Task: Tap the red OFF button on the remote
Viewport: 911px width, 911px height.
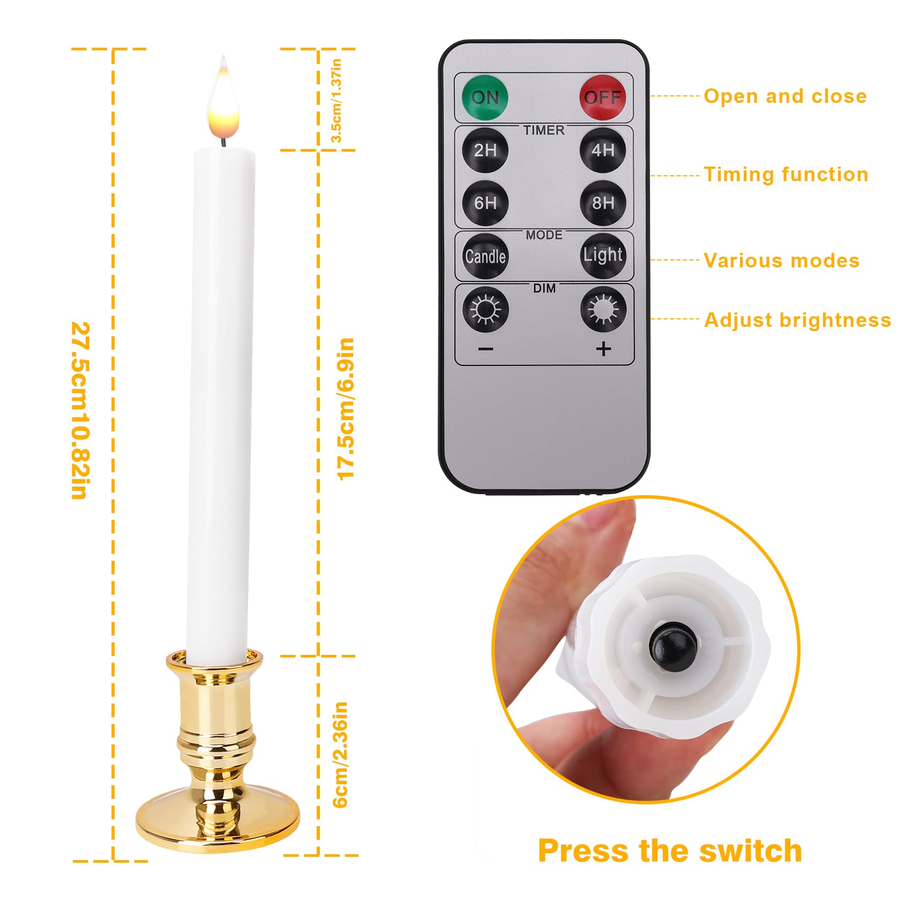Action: coord(603,98)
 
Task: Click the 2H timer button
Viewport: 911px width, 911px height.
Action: coord(485,150)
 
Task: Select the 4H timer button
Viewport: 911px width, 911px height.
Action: coord(603,150)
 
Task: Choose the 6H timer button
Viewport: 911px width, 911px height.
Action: coord(485,203)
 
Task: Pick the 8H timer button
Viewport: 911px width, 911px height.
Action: coord(603,203)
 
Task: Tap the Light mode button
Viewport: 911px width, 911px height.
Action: coord(603,255)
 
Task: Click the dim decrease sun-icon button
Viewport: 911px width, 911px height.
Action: coord(485,309)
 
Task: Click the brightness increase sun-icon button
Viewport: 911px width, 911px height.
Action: coord(603,309)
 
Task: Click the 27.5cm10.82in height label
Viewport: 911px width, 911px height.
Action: coord(80,410)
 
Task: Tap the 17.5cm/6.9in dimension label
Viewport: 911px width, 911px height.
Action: coord(346,408)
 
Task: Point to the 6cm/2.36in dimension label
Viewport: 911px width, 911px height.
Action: coord(341,754)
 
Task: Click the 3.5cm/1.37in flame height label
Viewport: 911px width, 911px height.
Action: coord(337,100)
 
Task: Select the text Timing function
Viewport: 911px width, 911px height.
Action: coord(786,175)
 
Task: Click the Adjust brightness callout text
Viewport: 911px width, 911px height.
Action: coord(797,320)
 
